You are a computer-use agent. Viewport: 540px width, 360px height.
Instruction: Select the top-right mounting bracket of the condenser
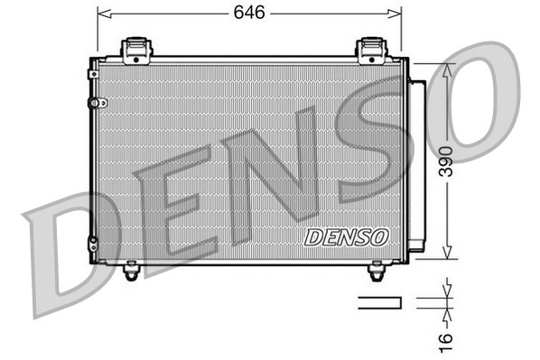point(371,51)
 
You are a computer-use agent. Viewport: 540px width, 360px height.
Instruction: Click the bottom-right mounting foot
point(377,268)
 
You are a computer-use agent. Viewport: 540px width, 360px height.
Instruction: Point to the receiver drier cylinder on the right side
point(417,162)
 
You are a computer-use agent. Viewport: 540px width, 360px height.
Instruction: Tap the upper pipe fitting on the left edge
point(92,103)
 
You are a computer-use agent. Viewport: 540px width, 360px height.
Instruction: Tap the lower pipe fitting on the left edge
point(92,242)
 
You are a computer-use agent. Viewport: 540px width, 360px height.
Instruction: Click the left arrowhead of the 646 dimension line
point(101,14)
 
